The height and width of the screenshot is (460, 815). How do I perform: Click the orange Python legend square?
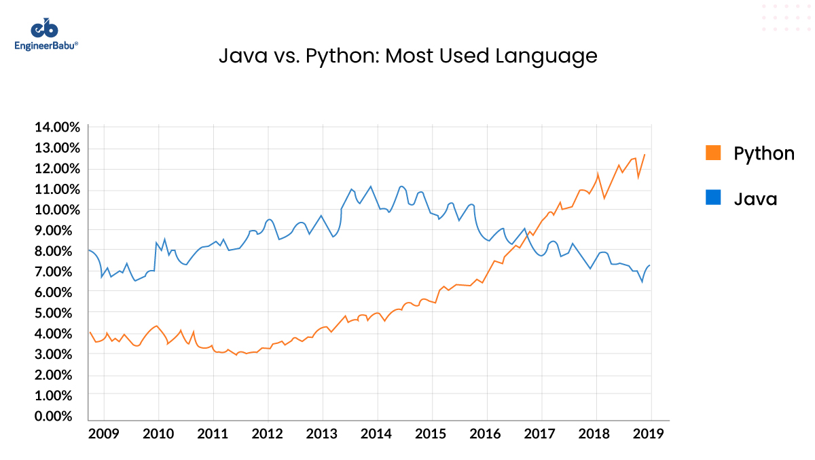tap(712, 153)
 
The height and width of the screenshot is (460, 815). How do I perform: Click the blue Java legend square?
tap(712, 198)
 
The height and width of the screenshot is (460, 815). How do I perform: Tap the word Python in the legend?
tap(763, 154)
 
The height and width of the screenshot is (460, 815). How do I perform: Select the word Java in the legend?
tap(755, 199)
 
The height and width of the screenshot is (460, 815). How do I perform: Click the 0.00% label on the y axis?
tap(58, 416)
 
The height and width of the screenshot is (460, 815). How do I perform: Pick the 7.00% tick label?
tap(58, 271)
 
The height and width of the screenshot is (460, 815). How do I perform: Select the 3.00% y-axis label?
tap(58, 354)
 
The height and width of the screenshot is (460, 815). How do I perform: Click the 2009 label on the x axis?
tap(104, 434)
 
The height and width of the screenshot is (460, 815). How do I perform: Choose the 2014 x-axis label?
tap(377, 434)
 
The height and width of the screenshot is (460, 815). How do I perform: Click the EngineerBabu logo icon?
tap(45, 28)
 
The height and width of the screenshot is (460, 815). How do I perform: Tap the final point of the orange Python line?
tap(645, 155)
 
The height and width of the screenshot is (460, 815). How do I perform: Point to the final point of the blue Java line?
tap(650, 265)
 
